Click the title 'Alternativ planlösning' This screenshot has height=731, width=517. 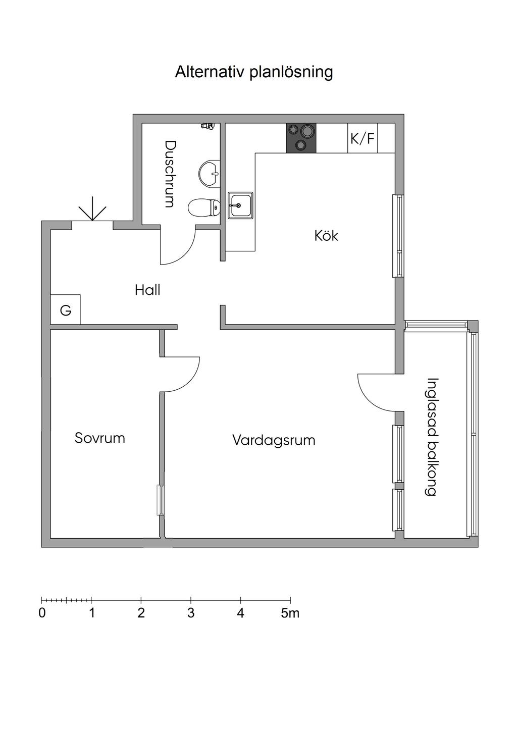254,72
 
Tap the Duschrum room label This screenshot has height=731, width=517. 171,174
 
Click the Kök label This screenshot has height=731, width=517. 326,236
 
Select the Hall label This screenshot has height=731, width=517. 147,290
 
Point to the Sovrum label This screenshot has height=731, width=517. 100,438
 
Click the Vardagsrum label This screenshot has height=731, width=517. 274,440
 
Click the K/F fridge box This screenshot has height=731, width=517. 363,138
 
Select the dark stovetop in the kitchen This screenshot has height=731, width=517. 301,138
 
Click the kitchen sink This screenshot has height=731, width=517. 240,205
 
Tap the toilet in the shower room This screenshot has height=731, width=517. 204,207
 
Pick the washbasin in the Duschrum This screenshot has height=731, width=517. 209,173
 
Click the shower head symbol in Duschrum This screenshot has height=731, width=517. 208,126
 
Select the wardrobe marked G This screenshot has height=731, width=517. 66,309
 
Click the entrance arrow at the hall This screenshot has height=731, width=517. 92,213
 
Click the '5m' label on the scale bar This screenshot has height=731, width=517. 290,613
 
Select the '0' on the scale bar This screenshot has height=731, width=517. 42,613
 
